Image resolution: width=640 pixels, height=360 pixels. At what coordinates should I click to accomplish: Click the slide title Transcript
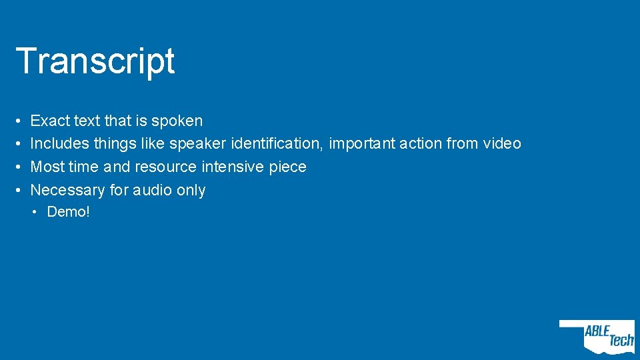(95, 61)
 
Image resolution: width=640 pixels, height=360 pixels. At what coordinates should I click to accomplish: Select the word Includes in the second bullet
(60, 143)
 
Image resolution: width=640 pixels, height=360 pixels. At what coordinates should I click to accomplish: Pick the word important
(361, 143)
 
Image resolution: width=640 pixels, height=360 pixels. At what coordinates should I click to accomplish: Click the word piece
(287, 167)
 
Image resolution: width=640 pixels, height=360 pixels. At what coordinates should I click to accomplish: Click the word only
(191, 190)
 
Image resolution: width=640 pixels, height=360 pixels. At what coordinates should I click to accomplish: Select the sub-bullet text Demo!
(68, 213)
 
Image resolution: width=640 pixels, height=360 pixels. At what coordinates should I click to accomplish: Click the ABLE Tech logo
(597, 337)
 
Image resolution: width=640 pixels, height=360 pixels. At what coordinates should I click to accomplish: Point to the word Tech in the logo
(620, 341)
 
